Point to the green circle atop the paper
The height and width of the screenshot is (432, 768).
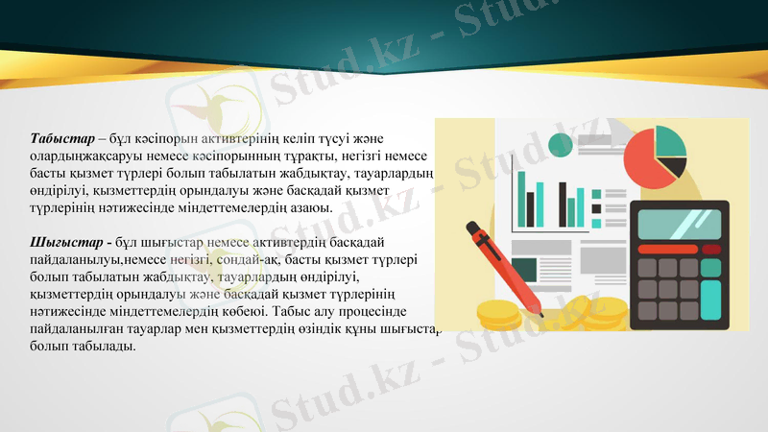[560, 144]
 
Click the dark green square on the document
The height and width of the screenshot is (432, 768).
[524, 269]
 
